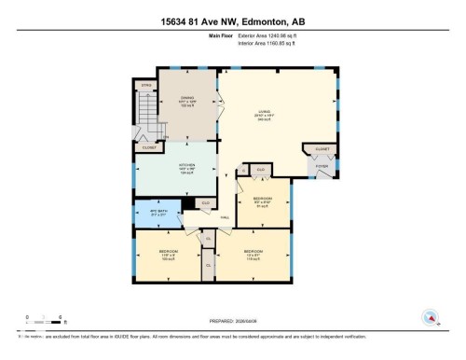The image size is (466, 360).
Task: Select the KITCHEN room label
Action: pyautogui.click(x=186, y=169)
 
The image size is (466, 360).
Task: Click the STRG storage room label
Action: pyautogui.click(x=145, y=86)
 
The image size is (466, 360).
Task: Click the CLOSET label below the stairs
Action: pyautogui.click(x=149, y=147)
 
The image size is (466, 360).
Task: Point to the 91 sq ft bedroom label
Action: pyautogui.click(x=264, y=202)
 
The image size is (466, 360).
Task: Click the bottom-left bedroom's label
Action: pyautogui.click(x=169, y=254)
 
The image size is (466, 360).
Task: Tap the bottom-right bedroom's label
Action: pyautogui.click(x=253, y=254)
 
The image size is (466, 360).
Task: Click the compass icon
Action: pyautogui.click(x=431, y=317)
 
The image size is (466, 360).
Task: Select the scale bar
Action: pyautogui.click(x=45, y=319)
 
